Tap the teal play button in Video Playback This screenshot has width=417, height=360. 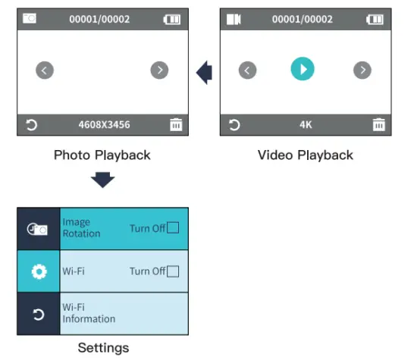pos(303,69)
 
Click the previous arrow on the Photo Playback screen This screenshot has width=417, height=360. pos(45,70)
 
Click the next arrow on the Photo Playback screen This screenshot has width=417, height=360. pos(159,70)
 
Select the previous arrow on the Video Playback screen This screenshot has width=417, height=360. pos(248,70)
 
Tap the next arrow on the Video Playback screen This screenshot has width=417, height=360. pos(362,70)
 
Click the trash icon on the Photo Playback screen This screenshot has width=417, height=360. pos(176,125)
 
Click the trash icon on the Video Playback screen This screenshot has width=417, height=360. pos(379,125)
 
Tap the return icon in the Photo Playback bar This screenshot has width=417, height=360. pos(31,125)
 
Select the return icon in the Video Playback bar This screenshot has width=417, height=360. pos(234,125)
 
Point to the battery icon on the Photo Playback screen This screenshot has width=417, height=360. pos(172,20)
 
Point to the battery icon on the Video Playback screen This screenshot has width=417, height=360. pos(375,20)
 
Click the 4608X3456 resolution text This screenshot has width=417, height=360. pos(105,125)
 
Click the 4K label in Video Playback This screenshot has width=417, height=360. pos(306,125)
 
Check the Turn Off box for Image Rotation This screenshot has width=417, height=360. pos(173,228)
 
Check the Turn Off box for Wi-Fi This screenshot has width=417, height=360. pos(173,271)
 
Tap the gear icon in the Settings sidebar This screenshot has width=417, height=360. pos(39,271)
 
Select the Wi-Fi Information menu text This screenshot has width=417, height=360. pos(89,313)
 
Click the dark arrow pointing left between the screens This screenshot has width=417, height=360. pos(204,72)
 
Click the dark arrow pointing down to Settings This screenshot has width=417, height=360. pos(102,180)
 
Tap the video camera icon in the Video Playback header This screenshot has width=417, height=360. pos(234,19)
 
